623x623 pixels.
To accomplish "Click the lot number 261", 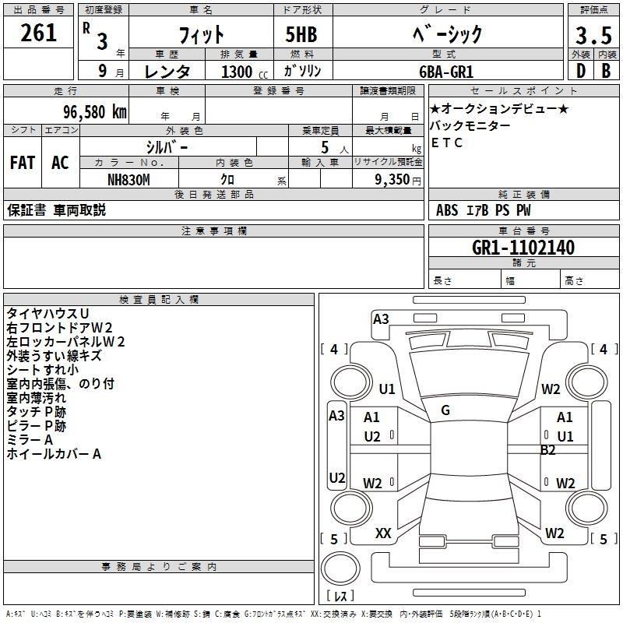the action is pyautogui.click(x=39, y=33).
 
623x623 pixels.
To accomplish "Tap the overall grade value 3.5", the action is pyautogui.click(x=592, y=35).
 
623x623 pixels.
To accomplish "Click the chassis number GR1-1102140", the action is pyautogui.click(x=523, y=248).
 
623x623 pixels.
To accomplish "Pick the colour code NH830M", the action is pyautogui.click(x=128, y=179).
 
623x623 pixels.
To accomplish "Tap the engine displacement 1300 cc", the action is pyautogui.click(x=237, y=72).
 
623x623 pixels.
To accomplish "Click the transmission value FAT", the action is pyautogui.click(x=23, y=163).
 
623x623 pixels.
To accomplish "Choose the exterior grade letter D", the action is pyautogui.click(x=579, y=71).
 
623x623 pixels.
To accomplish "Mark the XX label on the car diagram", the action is pyautogui.click(x=383, y=533).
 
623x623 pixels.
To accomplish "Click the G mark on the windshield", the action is pyautogui.click(x=445, y=410).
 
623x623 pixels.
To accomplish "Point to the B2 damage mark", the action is pyautogui.click(x=548, y=449).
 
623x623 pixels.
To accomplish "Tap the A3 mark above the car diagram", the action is pyautogui.click(x=381, y=319).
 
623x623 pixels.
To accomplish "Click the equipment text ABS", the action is pyautogui.click(x=447, y=209).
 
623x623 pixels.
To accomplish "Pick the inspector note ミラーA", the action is pyautogui.click(x=30, y=440).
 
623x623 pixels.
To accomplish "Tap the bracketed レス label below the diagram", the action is pyautogui.click(x=340, y=597).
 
